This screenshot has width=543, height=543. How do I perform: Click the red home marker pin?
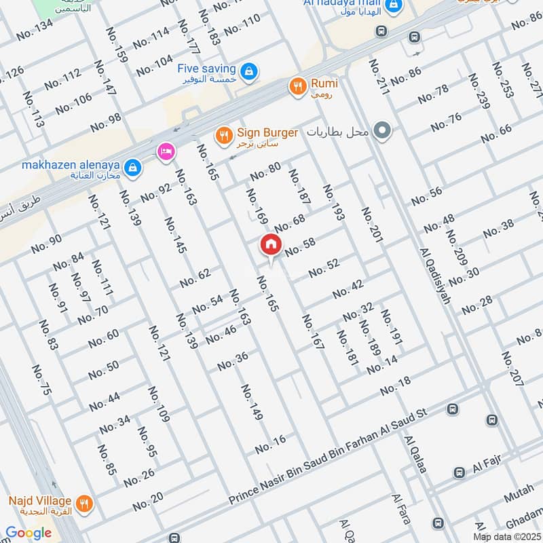[270, 245]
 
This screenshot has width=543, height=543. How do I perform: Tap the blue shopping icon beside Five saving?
[249, 70]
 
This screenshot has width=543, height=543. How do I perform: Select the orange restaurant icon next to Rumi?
[297, 86]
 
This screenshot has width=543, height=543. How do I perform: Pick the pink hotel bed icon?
[164, 151]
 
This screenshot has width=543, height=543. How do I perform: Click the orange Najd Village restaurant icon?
[84, 503]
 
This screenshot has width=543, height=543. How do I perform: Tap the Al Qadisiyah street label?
[435, 275]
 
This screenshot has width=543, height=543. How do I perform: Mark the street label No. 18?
[396, 387]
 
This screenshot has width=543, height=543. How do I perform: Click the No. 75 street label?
[41, 381]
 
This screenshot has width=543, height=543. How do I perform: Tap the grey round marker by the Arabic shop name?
[383, 130]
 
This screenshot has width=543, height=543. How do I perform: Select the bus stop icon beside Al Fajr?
[460, 472]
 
